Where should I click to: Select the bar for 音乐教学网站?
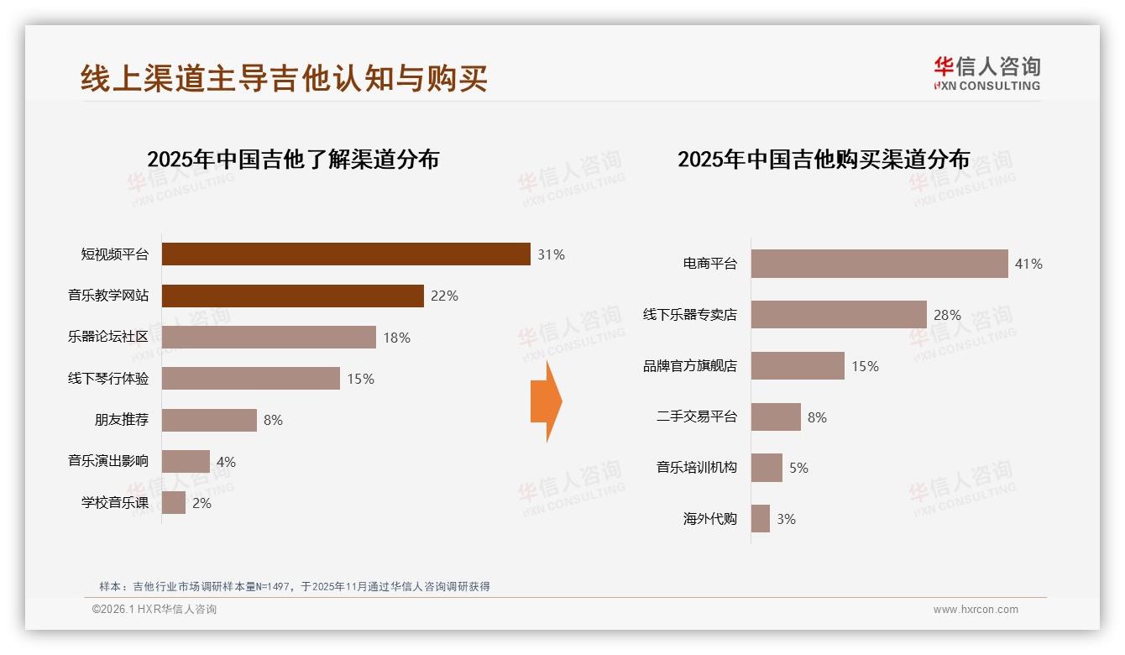coord(292,296)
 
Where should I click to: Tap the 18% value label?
coord(396,338)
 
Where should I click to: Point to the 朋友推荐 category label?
coord(121,420)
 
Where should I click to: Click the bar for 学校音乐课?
coord(174,503)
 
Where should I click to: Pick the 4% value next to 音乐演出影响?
coord(226,462)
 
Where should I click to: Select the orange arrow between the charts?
coord(546,401)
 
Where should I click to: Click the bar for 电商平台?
coord(879,264)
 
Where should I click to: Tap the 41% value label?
coord(1028,264)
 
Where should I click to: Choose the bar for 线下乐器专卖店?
coord(839,315)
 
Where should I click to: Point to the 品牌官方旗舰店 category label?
coord(689,366)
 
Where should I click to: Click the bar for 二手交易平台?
coord(776,417)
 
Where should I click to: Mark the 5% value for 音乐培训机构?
coord(798,468)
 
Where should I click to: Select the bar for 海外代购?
coord(761,519)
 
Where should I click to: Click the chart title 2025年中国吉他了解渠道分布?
coord(293,160)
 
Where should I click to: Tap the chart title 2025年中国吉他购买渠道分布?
coord(824,160)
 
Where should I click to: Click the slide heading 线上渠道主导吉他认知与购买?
coord(284,78)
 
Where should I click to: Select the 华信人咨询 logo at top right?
coord(986,73)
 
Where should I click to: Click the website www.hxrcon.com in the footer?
coord(976,610)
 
